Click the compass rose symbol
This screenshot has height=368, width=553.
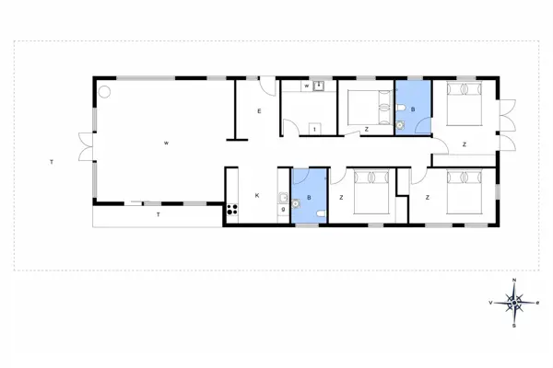click(515, 301)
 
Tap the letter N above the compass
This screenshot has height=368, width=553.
click(515, 281)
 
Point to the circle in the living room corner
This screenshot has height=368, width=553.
click(104, 91)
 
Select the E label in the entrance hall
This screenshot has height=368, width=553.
click(259, 111)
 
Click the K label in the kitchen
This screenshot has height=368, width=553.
click(257, 195)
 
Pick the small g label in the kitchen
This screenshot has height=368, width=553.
click(281, 210)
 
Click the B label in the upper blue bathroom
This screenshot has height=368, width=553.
click(413, 110)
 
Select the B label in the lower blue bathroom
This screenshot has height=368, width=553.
click(309, 195)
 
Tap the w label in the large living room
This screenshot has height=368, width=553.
click(167, 143)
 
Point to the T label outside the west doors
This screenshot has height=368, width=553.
click(52, 162)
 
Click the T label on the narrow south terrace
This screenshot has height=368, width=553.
click(158, 214)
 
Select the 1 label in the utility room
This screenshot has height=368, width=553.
click(315, 130)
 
